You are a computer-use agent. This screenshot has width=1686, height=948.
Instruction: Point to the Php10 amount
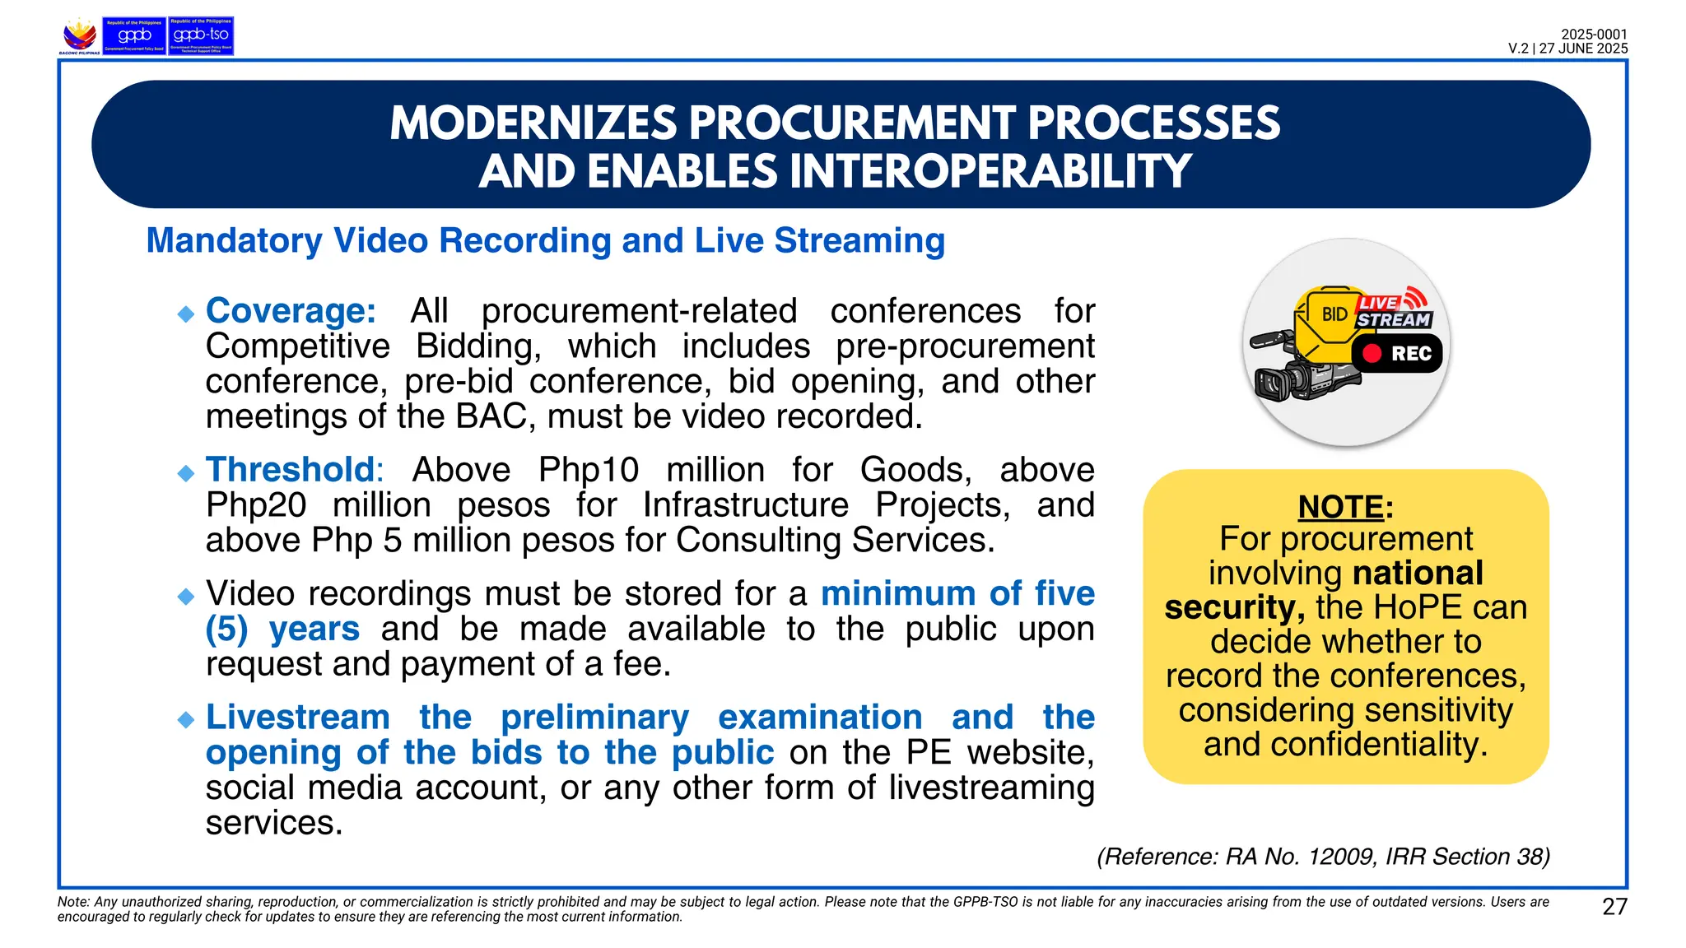point(588,470)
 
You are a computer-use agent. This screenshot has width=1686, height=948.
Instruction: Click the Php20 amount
point(255,505)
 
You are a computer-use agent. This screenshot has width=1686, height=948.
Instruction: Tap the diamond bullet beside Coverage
point(186,314)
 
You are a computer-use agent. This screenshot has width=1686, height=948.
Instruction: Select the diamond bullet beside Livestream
point(186,720)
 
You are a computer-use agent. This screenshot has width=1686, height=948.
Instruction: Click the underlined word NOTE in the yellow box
point(1340,507)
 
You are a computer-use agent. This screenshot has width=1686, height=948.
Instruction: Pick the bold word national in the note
point(1418,573)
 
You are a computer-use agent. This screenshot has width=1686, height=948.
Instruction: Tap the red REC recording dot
point(1372,353)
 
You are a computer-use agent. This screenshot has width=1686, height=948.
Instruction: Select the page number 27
point(1614,907)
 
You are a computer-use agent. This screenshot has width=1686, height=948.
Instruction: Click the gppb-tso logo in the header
point(201,36)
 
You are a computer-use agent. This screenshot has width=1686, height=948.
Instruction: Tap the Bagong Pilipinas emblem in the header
point(80,36)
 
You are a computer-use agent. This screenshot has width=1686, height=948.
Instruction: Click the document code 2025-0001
point(1594,35)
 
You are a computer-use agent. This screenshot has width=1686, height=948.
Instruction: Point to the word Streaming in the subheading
point(859,241)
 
